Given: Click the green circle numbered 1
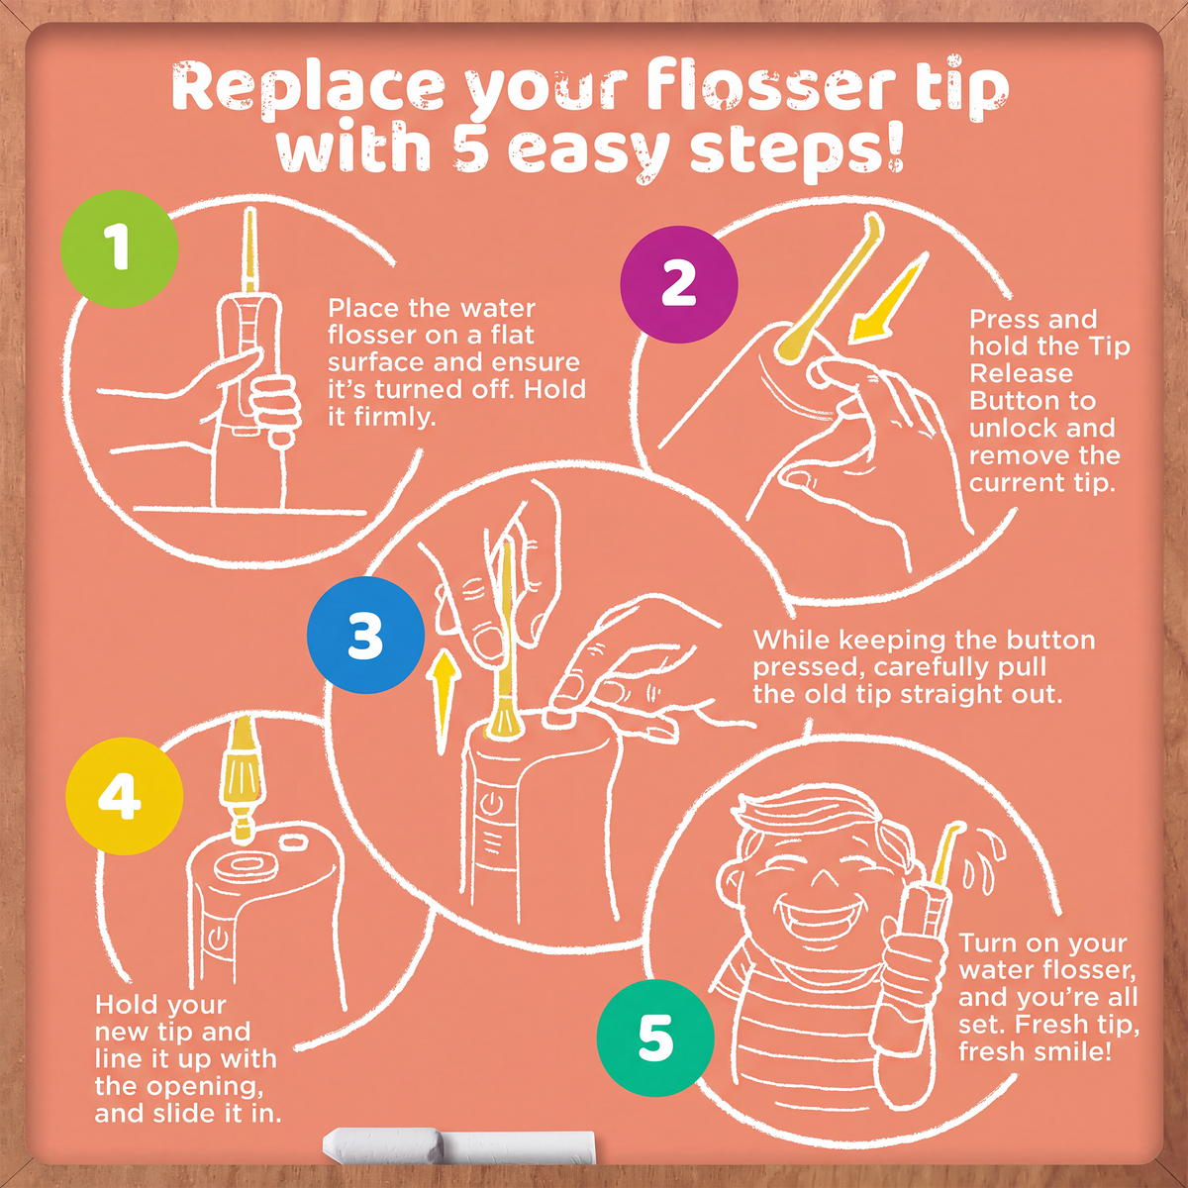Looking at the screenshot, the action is pyautogui.click(x=120, y=248).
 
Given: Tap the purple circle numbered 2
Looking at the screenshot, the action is pyautogui.click(x=679, y=284).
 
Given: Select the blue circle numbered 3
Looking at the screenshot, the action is pyautogui.click(x=365, y=635).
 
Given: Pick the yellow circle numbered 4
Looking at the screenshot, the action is pyautogui.click(x=125, y=796).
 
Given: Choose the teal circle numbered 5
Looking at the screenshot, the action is pyautogui.click(x=655, y=1038).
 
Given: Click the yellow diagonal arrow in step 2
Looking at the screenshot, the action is pyautogui.click(x=888, y=297).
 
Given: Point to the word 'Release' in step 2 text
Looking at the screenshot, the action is pyautogui.click(x=1021, y=373).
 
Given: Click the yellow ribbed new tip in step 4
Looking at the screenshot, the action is pyautogui.click(x=245, y=781).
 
